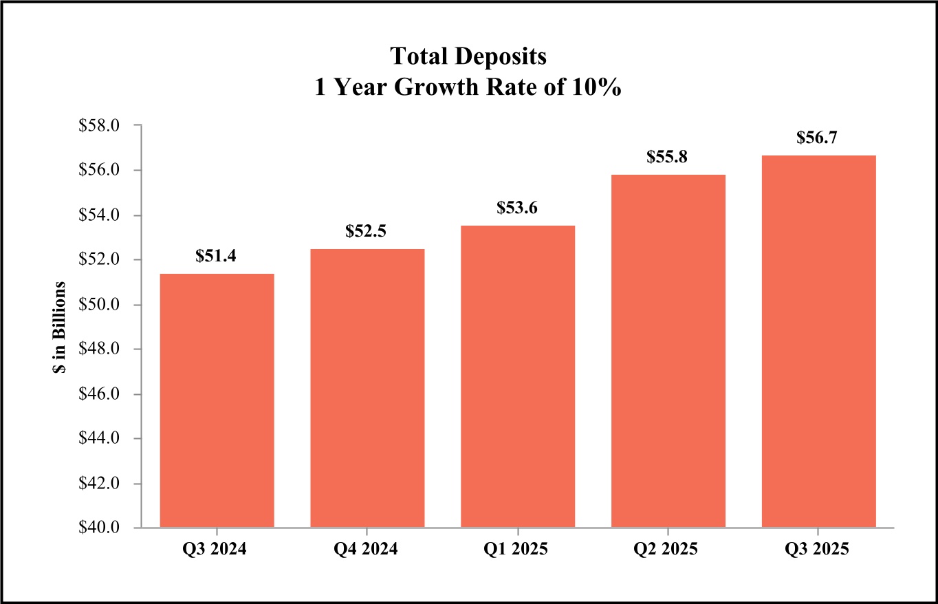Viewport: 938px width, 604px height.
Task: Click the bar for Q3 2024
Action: pyautogui.click(x=217, y=400)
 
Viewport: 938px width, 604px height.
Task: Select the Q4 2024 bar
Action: pyautogui.click(x=367, y=388)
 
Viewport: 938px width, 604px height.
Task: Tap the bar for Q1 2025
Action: pyautogui.click(x=518, y=376)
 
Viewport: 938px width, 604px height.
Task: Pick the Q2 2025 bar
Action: pyautogui.click(x=668, y=351)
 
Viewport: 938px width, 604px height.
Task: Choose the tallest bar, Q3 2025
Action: pyautogui.click(x=818, y=341)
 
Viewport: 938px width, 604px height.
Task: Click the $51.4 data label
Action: pyautogui.click(x=217, y=256)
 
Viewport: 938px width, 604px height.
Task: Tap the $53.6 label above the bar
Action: pyautogui.click(x=518, y=208)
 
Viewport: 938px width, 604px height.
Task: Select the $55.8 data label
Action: pyautogui.click(x=668, y=157)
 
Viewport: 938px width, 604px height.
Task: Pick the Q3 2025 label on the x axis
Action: pyautogui.click(x=818, y=550)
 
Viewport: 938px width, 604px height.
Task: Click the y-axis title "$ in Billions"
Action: pyautogui.click(x=60, y=327)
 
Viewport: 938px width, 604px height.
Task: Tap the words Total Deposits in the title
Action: pyautogui.click(x=468, y=56)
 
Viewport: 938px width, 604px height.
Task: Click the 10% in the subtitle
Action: pyautogui.click(x=598, y=89)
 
